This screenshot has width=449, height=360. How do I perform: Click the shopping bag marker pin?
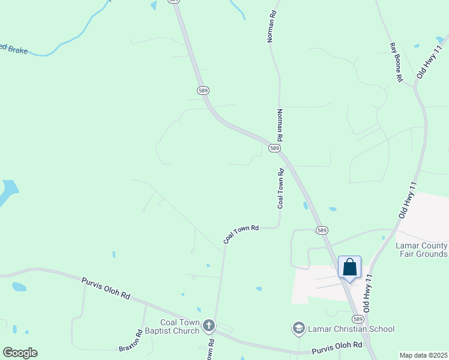349,268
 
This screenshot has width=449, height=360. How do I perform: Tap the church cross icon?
209,326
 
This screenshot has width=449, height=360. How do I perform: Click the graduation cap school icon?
298,328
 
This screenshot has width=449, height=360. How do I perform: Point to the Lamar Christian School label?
351,329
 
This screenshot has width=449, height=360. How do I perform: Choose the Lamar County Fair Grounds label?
421,250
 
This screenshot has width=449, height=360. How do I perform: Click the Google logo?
20,353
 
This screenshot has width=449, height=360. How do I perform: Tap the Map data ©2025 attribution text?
423,355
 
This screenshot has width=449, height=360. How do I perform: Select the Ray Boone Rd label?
395,62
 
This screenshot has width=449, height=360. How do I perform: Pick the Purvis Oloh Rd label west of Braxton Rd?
105,288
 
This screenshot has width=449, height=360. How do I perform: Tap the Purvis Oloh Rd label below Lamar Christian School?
337,346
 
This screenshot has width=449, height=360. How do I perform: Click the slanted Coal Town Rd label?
241,233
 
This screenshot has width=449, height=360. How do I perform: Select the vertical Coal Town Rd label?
280,188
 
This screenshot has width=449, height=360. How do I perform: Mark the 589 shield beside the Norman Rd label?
274,148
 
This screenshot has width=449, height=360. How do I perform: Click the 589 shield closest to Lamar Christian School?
358,319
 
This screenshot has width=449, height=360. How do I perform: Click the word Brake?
18,50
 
